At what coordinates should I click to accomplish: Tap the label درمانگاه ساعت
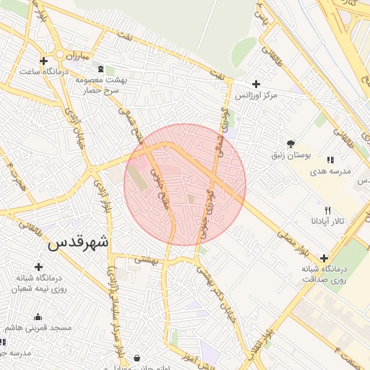click(x=43, y=72)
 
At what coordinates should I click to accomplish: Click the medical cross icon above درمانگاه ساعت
click(x=44, y=61)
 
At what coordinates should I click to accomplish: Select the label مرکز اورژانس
click(x=256, y=95)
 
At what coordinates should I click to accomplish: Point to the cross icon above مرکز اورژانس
click(x=257, y=84)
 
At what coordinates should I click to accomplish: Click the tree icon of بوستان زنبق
click(x=291, y=143)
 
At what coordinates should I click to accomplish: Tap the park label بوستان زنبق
click(x=291, y=155)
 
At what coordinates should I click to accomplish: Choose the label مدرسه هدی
click(x=330, y=171)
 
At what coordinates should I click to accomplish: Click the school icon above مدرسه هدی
click(x=330, y=160)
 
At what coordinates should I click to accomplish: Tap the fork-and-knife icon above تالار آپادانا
click(x=327, y=210)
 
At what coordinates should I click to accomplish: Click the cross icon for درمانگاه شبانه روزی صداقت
click(x=324, y=258)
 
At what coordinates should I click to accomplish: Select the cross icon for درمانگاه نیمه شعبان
click(x=39, y=267)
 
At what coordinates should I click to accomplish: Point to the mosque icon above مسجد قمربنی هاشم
click(x=38, y=317)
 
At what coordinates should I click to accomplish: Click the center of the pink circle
click(x=185, y=184)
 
